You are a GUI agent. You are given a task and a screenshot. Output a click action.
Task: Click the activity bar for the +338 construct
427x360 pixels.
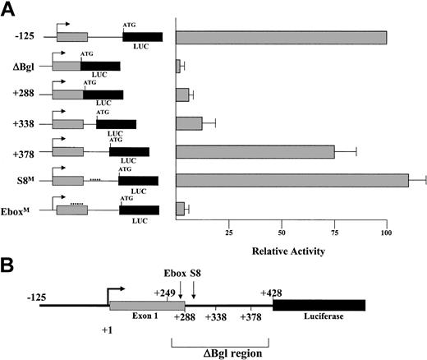point(190,123)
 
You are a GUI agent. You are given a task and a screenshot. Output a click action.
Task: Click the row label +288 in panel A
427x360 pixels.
point(25,95)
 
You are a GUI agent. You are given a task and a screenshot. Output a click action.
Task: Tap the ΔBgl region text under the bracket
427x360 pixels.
point(219,351)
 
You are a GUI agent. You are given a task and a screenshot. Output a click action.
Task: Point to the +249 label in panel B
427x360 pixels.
point(166,292)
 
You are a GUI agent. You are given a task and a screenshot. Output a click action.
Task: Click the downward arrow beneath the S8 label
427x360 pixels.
point(194,292)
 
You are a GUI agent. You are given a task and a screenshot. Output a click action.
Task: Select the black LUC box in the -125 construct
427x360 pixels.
point(142,37)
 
